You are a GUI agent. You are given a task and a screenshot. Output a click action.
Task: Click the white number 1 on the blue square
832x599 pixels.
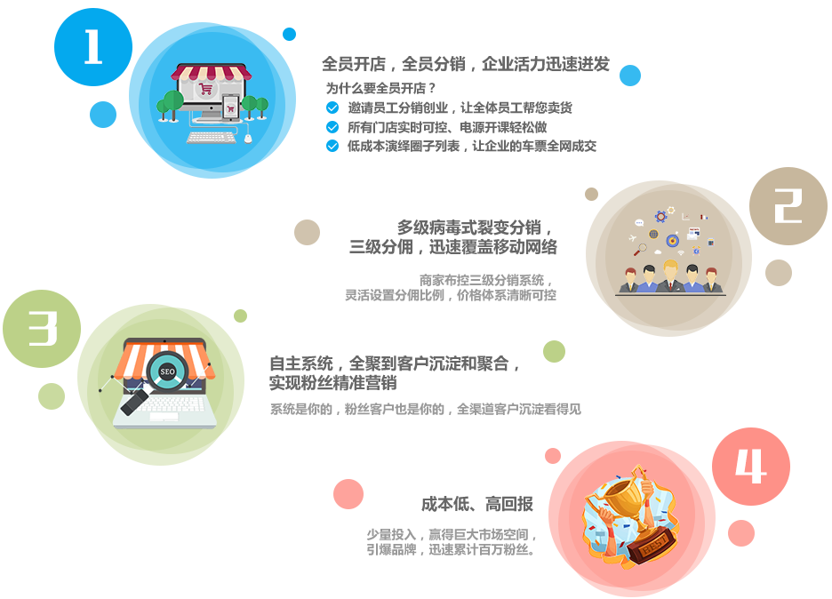click(93, 47)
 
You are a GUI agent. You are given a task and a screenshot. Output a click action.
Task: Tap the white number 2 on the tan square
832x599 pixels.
click(788, 206)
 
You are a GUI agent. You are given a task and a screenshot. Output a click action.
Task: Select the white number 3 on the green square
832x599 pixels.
click(42, 329)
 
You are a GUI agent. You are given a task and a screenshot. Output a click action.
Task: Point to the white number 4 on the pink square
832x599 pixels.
click(750, 467)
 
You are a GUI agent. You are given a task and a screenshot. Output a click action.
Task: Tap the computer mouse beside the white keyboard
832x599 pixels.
click(248, 137)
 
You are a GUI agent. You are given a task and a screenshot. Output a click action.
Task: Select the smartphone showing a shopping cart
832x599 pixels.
click(230, 109)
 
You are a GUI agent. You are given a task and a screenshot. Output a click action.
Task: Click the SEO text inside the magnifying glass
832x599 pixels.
click(166, 371)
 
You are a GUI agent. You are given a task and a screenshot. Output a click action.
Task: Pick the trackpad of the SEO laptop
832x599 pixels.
click(166, 416)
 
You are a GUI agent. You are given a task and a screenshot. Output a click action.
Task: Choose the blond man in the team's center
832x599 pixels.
click(670, 275)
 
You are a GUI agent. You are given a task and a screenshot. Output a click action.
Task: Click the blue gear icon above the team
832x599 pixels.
click(660, 216)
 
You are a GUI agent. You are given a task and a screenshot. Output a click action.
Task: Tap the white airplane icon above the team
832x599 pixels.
click(633, 238)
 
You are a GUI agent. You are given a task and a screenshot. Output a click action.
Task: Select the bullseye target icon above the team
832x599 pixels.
click(672, 240)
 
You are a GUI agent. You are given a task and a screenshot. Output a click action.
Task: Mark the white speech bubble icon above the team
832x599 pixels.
click(638, 221)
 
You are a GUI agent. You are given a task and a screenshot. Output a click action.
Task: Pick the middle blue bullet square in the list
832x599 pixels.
click(332, 127)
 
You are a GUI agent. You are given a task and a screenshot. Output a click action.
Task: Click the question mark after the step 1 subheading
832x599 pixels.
click(432, 88)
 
